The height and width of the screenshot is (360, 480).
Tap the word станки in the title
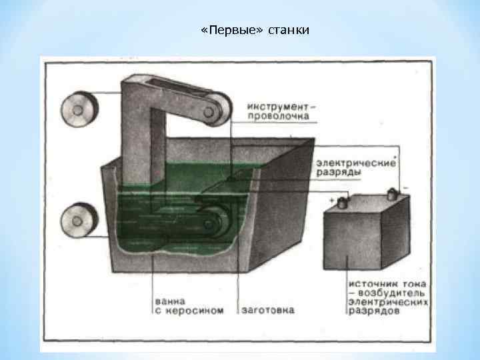click(289, 31)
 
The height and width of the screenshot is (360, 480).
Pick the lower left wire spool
click(79, 220)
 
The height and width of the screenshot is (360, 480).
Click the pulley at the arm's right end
click(218, 107)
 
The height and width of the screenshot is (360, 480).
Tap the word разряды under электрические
click(339, 172)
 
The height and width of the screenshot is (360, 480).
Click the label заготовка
click(267, 311)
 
